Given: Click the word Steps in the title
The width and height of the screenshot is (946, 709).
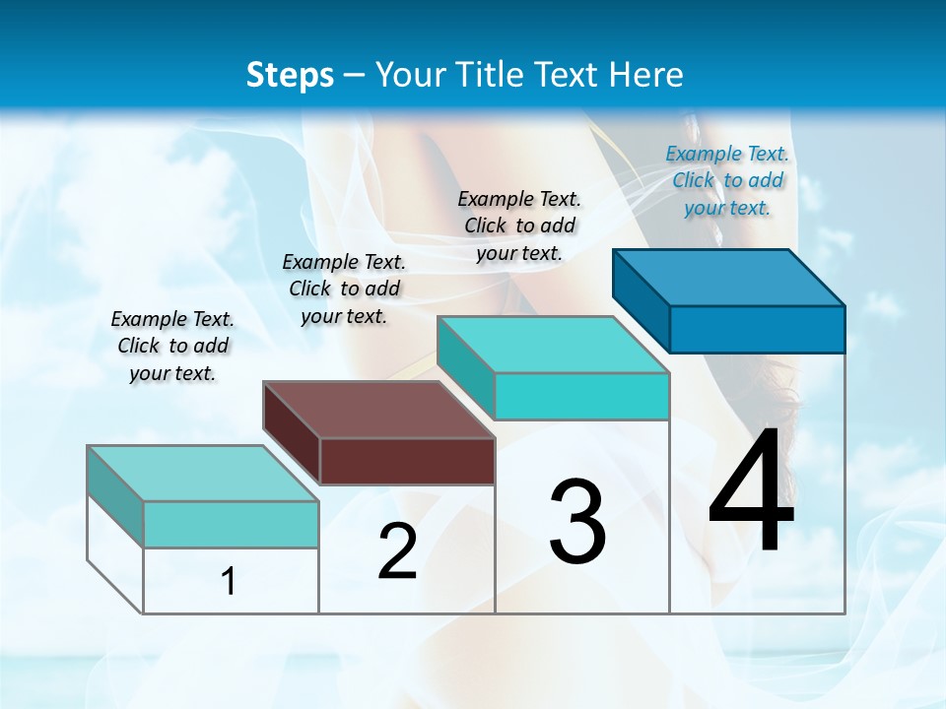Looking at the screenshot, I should click(x=290, y=74).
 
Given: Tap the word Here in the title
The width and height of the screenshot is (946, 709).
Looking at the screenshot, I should click(x=645, y=74).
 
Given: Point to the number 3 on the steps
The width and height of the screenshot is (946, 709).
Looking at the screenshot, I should click(x=577, y=521).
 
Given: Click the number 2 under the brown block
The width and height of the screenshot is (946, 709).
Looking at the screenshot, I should click(x=397, y=551).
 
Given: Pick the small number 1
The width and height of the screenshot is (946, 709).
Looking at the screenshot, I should click(x=229, y=582).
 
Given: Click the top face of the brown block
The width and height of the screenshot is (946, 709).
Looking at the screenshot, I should click(x=377, y=410).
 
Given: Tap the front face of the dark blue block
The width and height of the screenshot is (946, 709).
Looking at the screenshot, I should click(x=757, y=329).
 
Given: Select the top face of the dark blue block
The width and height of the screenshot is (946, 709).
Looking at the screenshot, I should click(x=728, y=277).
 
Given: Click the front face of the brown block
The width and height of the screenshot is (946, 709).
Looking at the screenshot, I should click(x=407, y=461).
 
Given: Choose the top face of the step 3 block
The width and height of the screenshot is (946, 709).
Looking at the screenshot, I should click(x=553, y=345).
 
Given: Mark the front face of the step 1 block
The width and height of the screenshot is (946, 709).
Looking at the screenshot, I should click(x=231, y=524).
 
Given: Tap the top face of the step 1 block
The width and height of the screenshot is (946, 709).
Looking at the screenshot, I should click(x=202, y=474).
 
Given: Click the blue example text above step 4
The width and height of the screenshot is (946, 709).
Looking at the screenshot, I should click(x=727, y=180).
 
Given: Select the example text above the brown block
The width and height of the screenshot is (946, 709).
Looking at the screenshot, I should click(x=344, y=289).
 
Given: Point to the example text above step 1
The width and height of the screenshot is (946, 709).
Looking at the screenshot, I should click(x=172, y=346).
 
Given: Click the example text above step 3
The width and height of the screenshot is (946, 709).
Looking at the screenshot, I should click(x=519, y=226).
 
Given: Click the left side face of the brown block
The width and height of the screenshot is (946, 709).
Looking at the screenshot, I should click(x=292, y=433).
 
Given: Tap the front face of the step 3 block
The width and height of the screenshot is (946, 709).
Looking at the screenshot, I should click(x=581, y=396).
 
